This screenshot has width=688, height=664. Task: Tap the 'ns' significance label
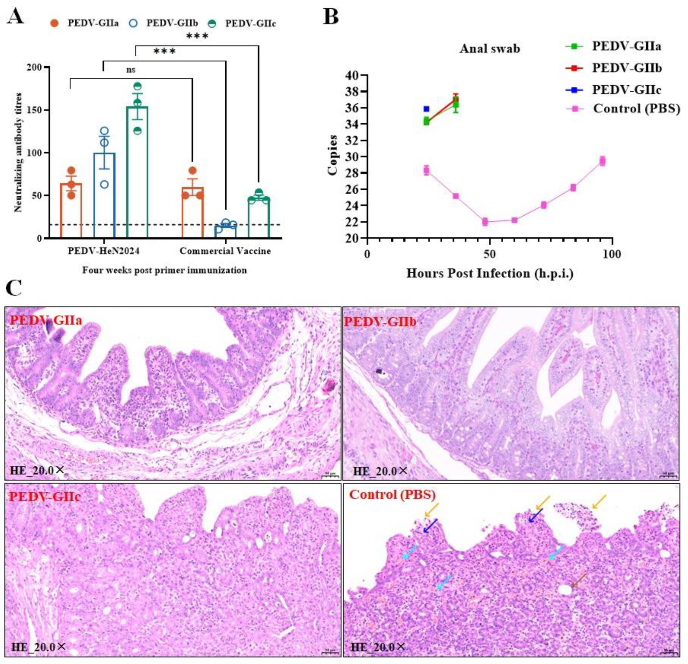131,70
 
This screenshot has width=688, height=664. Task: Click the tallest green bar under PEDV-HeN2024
137,172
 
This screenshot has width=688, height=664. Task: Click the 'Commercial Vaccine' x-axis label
225,251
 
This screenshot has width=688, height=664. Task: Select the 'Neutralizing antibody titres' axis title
18,153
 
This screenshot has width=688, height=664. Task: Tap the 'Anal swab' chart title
490,49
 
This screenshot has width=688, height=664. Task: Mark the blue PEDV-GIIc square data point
426,109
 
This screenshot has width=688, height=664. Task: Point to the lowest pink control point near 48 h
485,222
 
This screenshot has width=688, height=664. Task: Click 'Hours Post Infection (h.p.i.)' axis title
490,274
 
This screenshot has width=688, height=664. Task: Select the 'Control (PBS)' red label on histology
392,495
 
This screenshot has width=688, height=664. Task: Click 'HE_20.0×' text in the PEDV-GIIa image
37,470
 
